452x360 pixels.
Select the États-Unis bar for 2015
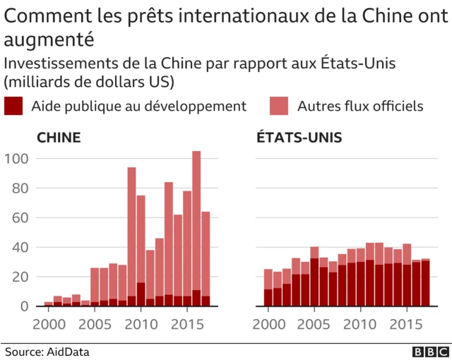click(407, 275)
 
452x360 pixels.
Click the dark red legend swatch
click(13, 107)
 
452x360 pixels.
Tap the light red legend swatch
click(280, 107)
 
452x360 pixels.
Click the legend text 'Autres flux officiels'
click(360, 107)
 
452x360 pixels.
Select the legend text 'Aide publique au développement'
click(139, 107)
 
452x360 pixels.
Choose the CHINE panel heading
click(58, 138)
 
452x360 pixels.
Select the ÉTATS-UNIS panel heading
click(299, 138)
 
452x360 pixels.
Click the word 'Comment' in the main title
click(41, 16)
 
